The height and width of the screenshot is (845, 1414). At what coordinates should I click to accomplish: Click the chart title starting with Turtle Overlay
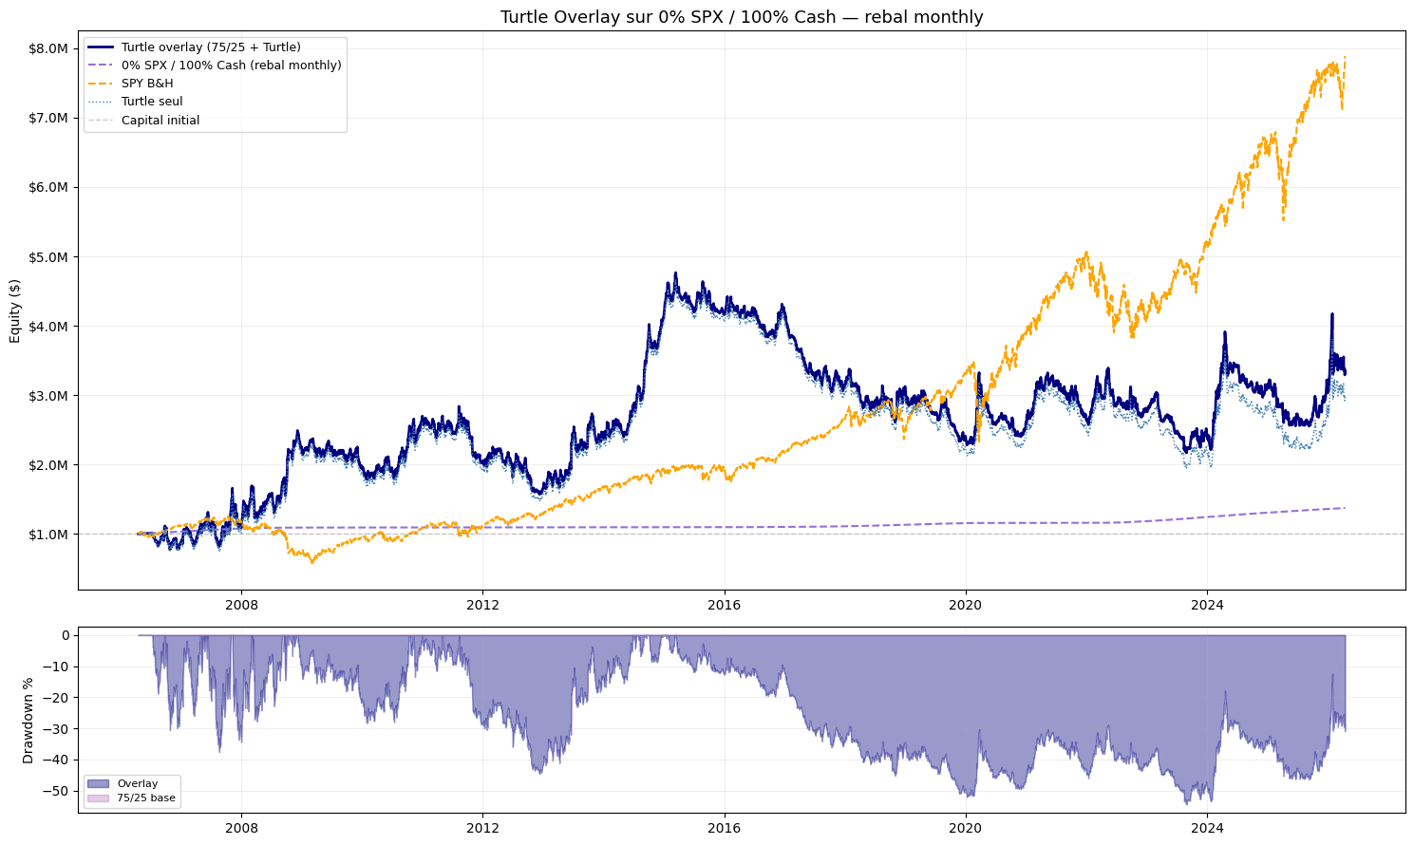pos(742,17)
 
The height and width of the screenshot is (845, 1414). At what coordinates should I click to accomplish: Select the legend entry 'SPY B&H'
pos(147,84)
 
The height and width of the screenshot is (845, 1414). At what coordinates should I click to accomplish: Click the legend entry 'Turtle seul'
pos(152,102)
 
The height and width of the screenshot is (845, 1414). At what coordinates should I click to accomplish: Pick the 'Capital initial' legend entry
pos(160,121)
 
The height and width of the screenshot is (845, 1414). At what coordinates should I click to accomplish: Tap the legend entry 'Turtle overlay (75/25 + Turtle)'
pos(211,47)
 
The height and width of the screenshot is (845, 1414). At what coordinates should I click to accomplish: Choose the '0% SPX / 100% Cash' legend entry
pos(231,66)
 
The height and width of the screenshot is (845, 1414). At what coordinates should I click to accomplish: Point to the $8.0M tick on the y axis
pos(48,48)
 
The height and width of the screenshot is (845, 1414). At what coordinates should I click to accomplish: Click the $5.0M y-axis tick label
pos(48,256)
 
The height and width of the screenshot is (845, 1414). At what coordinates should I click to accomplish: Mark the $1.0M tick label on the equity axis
pos(48,535)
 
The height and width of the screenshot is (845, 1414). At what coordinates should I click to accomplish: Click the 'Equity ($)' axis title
pos(14,310)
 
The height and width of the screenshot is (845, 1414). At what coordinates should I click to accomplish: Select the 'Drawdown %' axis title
pos(28,720)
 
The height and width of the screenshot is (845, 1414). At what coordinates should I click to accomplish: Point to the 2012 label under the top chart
pos(482,605)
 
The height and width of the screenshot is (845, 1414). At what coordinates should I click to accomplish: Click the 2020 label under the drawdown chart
pos(966,828)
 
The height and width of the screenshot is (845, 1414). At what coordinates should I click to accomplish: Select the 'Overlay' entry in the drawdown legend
pos(138,783)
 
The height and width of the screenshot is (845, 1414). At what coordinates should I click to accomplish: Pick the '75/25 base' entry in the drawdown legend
pos(146,798)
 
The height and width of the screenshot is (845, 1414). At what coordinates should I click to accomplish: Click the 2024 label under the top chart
pos(1207,605)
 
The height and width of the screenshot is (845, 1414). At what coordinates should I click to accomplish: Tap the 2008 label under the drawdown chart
pos(241,828)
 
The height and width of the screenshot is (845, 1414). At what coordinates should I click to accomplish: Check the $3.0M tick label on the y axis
pos(48,396)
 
